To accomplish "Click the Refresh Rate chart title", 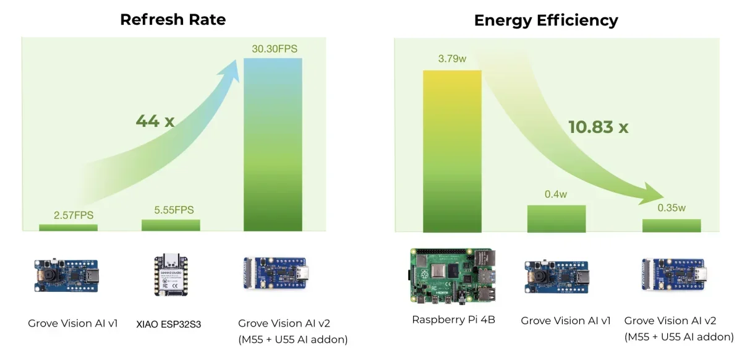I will tap(173, 19).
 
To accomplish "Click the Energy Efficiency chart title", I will tap(545, 20).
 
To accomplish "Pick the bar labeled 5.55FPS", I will tap(171, 225).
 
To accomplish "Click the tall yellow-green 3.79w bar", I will tap(452, 151).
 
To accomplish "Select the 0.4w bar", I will tap(556, 218).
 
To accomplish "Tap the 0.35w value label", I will tap(672, 208).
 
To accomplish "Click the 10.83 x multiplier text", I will tap(598, 127).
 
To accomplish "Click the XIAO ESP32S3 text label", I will tap(169, 324).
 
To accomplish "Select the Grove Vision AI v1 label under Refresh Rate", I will tap(72, 323).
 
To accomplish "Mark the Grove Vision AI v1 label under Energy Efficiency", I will tap(566, 320).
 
